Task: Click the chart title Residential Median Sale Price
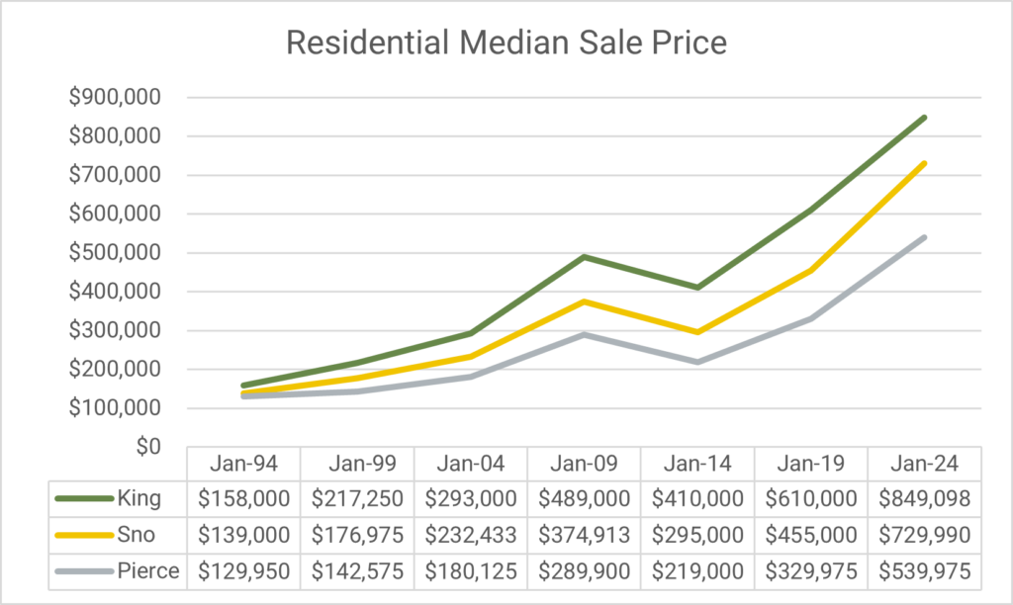tap(506, 43)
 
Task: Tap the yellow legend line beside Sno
tap(82, 535)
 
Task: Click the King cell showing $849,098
tap(924, 498)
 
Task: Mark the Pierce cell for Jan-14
tap(697, 570)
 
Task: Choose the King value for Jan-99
tap(357, 498)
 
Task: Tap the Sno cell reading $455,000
tap(810, 535)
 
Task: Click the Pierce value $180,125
tap(471, 570)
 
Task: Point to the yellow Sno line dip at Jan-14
tap(697, 332)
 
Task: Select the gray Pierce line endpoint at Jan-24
tap(924, 237)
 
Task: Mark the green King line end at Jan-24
tap(924, 118)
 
